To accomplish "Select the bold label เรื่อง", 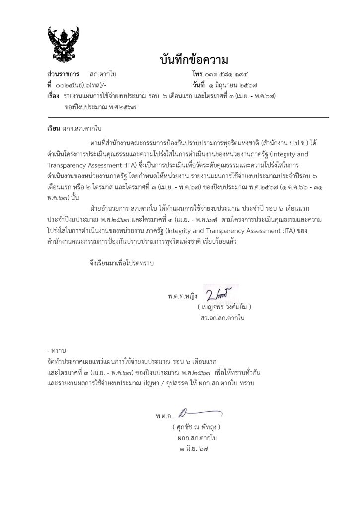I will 53,95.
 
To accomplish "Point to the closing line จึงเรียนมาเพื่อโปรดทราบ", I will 119,264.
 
